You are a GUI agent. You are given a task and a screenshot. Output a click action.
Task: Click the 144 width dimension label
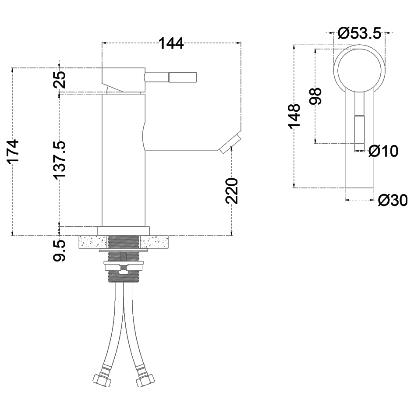click(x=171, y=43)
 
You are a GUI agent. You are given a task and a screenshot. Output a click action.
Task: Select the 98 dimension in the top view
click(x=315, y=96)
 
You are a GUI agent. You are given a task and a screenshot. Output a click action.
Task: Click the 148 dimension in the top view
click(x=294, y=116)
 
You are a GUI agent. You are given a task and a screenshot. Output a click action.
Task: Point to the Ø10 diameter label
click(x=383, y=151)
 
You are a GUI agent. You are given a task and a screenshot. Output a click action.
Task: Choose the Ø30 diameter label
click(x=393, y=200)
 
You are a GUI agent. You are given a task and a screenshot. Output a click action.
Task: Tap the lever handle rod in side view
click(x=171, y=78)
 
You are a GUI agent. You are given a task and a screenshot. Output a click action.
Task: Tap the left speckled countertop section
click(x=93, y=242)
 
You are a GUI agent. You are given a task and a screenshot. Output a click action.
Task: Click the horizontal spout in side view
click(x=188, y=136)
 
